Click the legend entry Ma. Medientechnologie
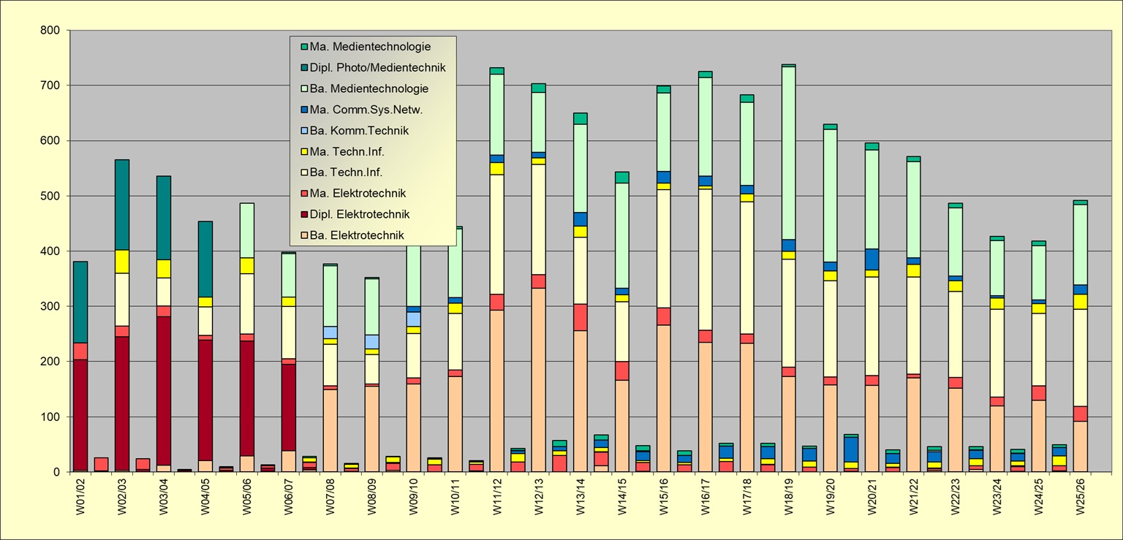(370, 47)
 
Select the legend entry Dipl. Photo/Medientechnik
(377, 68)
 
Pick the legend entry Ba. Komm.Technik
(359, 131)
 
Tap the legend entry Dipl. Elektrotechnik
(359, 214)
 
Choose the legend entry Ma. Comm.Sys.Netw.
(366, 110)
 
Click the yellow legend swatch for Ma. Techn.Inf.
(303, 152)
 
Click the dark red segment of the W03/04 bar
(164, 263)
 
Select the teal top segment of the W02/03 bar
(122, 205)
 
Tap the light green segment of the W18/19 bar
(789, 153)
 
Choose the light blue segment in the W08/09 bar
(372, 341)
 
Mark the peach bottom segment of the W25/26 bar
(1081, 446)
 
